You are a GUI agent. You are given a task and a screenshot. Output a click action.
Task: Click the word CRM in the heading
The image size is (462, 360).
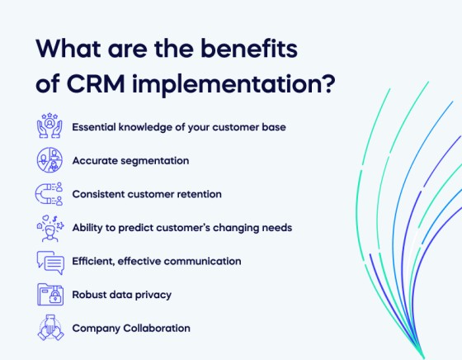tap(96, 83)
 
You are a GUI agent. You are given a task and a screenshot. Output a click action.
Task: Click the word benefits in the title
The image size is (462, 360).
tap(249, 48)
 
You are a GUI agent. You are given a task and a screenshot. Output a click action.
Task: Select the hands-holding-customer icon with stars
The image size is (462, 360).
tap(49, 126)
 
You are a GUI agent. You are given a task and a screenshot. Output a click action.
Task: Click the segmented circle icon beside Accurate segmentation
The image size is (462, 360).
tap(49, 159)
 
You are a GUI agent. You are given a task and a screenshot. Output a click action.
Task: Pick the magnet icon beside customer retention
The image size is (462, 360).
tap(49, 194)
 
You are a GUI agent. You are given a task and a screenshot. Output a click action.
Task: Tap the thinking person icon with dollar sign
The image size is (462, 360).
tap(49, 228)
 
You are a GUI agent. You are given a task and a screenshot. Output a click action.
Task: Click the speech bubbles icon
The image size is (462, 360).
tap(50, 263)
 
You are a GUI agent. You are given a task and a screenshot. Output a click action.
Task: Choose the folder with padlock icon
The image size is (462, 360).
tap(50, 295)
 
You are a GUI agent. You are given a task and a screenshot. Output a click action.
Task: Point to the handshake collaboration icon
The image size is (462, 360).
tap(50, 328)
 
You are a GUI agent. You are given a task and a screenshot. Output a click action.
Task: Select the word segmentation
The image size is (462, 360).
tap(155, 161)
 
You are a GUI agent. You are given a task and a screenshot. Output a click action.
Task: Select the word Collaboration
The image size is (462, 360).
tap(157, 328)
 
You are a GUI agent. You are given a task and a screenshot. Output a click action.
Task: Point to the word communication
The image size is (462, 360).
tap(202, 261)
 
